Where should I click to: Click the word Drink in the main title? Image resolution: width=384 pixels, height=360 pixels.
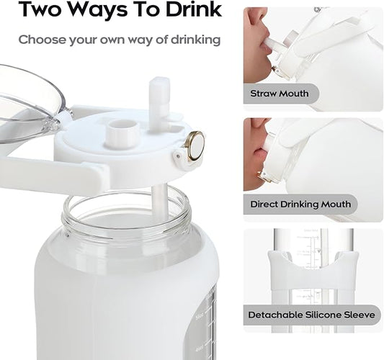pos(194,9)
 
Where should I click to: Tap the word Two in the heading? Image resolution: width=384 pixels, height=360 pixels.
pos(40,9)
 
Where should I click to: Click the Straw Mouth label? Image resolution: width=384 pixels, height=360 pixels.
pos(280,94)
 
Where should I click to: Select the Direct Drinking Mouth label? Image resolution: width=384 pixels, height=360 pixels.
pos(300,204)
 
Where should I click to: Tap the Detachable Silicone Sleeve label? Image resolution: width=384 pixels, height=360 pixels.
pos(311,315)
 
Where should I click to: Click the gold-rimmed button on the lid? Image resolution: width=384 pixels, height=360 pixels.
pos(195,145)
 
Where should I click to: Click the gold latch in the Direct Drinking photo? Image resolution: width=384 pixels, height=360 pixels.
pos(263,177)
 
